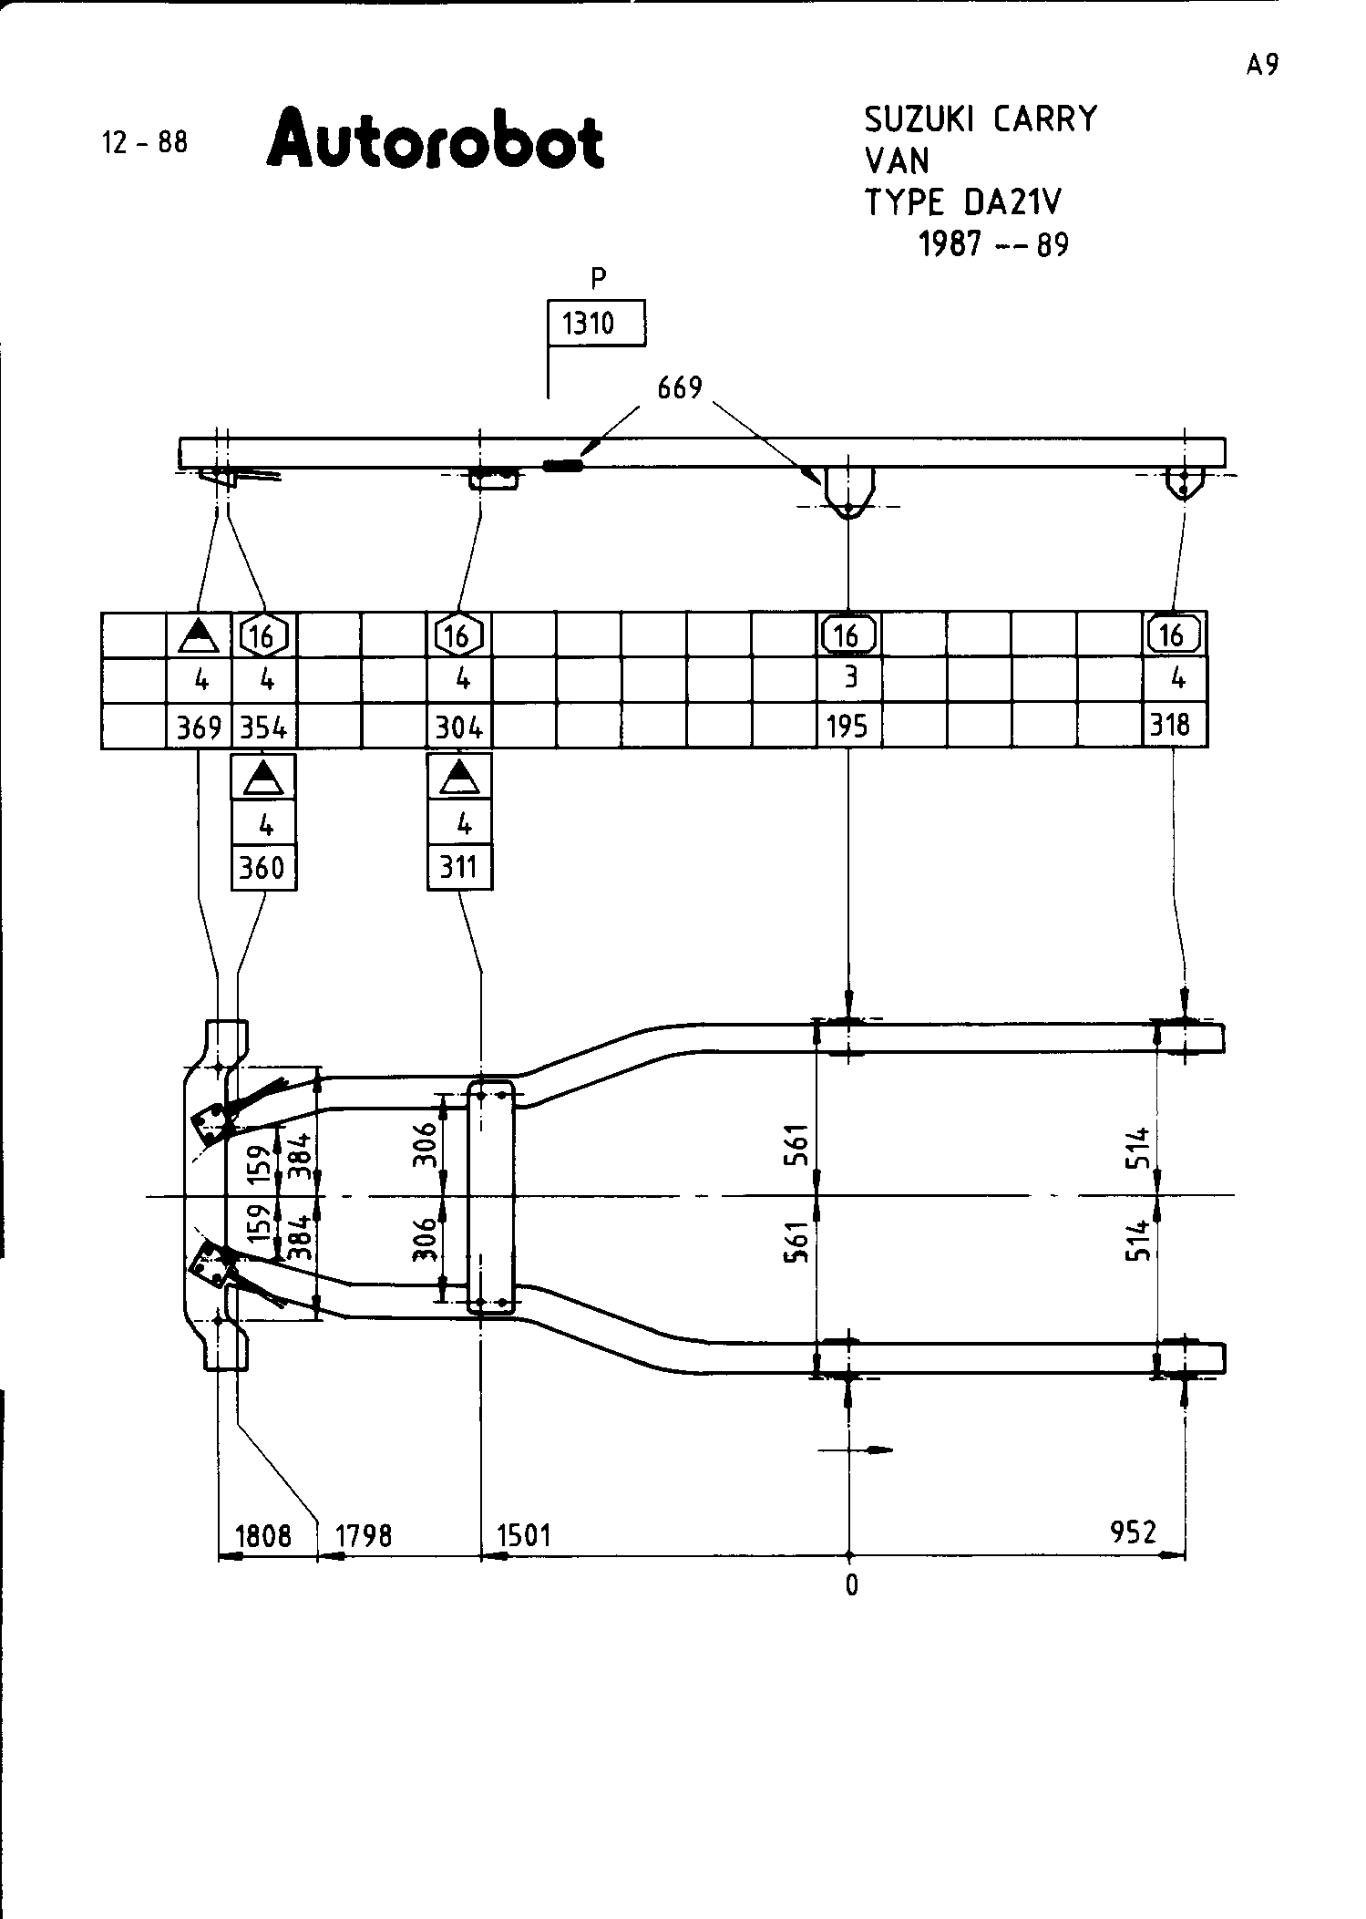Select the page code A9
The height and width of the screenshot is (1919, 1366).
pyautogui.click(x=1262, y=65)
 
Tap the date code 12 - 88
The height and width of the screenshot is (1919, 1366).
pyautogui.click(x=146, y=142)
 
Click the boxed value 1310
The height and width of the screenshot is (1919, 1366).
pyautogui.click(x=596, y=324)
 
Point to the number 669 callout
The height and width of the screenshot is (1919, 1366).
pyautogui.click(x=680, y=388)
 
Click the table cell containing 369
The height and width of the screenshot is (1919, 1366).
pyautogui.click(x=199, y=727)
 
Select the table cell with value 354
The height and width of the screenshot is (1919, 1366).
pyautogui.click(x=264, y=727)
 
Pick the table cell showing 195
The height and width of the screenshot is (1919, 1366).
pyautogui.click(x=848, y=727)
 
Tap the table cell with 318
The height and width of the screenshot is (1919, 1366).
pyautogui.click(x=1176, y=726)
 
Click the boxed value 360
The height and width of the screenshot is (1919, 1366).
pyautogui.click(x=263, y=867)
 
